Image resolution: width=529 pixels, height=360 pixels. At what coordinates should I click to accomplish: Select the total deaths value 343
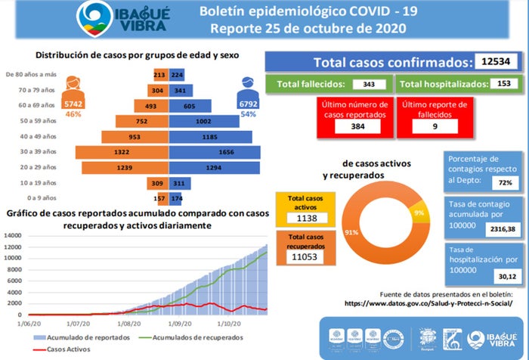[369, 84]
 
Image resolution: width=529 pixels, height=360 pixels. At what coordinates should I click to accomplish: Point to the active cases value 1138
[307, 218]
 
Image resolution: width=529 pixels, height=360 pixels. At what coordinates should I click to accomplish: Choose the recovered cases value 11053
[307, 257]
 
